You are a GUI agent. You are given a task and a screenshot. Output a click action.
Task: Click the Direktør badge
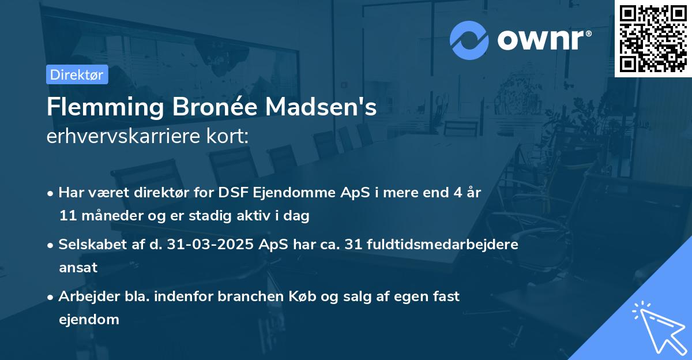[77, 74]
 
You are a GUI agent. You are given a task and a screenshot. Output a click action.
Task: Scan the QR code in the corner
[653, 38]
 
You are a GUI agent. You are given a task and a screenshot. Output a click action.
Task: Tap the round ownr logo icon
[469, 40]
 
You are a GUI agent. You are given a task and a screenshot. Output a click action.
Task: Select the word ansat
[78, 268]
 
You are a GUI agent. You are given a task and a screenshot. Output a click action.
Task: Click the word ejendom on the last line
[89, 319]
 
